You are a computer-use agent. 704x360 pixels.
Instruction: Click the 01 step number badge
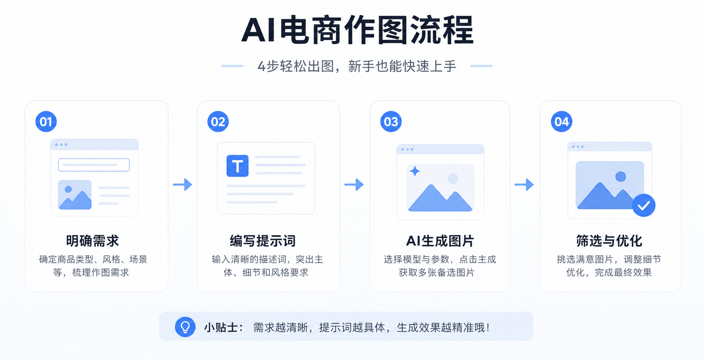[x=46, y=122]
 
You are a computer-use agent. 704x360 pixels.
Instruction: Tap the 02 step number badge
[x=218, y=122]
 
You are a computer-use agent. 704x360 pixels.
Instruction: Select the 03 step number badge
[x=391, y=122]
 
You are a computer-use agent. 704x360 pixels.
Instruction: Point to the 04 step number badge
[x=562, y=122]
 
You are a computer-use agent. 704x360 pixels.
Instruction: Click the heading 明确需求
[x=93, y=241]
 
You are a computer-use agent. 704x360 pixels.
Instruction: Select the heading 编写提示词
[x=263, y=241]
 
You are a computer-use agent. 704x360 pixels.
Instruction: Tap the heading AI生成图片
[x=440, y=241]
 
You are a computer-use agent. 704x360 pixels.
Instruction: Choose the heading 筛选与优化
[x=609, y=241]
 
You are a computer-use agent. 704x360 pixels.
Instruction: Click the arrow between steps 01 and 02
[x=183, y=185]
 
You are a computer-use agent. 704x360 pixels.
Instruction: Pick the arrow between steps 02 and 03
[x=354, y=185]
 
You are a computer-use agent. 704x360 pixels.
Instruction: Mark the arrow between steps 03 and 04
[x=524, y=185]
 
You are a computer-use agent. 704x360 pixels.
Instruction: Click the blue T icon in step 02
[x=238, y=166]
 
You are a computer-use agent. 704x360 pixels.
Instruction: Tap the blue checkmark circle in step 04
[x=644, y=205]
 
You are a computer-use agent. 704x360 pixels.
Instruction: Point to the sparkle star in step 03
[x=415, y=171]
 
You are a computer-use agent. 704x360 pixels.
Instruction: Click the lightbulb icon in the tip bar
[x=185, y=327]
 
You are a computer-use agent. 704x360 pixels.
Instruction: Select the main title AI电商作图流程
[x=358, y=30]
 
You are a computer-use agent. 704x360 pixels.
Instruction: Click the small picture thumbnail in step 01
[x=75, y=195]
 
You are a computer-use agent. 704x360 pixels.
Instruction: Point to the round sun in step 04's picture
[x=621, y=177]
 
